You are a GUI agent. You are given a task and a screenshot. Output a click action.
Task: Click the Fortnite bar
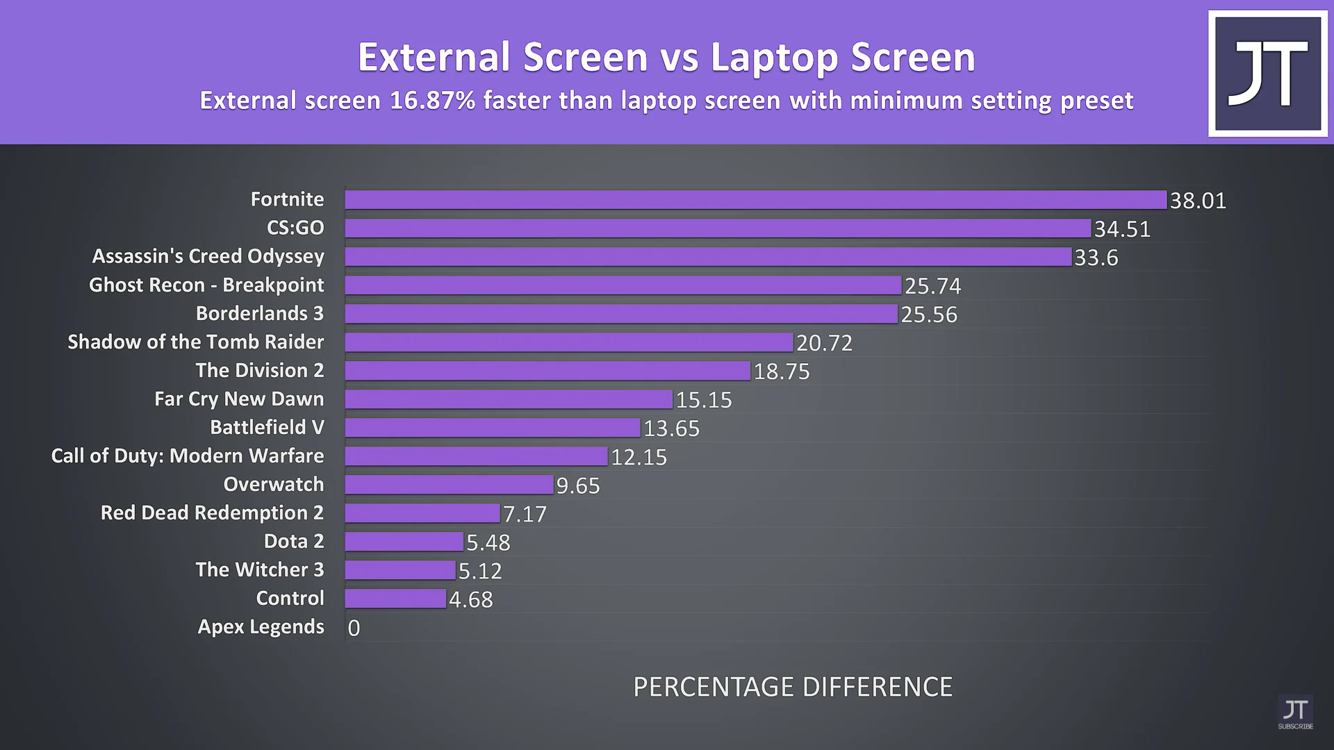756,200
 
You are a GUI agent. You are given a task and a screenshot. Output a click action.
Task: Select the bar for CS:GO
718,228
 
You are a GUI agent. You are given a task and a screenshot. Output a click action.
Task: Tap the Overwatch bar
449,485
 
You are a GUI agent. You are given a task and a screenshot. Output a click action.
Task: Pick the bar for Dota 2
404,542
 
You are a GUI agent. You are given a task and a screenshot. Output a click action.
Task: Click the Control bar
395,599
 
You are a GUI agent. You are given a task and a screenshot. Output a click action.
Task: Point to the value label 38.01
1198,201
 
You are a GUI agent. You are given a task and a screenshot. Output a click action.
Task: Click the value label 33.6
1096,258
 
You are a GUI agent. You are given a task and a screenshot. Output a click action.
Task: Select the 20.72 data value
824,343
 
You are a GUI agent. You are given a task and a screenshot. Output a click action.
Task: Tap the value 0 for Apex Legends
354,628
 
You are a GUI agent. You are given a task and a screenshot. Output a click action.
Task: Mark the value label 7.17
525,515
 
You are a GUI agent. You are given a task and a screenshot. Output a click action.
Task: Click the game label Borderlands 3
260,313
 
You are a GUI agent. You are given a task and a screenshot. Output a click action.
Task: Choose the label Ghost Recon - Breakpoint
206,285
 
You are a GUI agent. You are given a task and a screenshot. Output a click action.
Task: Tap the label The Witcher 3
260,569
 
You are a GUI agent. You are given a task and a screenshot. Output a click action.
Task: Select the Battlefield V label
267,427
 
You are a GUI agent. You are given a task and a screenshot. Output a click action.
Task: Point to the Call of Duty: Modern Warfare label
188,456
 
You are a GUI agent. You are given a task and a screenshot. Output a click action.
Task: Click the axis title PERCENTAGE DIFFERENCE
793,687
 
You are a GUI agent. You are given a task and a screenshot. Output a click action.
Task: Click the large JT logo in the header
1267,74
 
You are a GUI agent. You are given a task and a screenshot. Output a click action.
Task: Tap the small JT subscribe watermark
1295,713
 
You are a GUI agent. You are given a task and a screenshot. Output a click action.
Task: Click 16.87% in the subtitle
432,101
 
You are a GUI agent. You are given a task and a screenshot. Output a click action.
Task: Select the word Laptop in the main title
774,57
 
